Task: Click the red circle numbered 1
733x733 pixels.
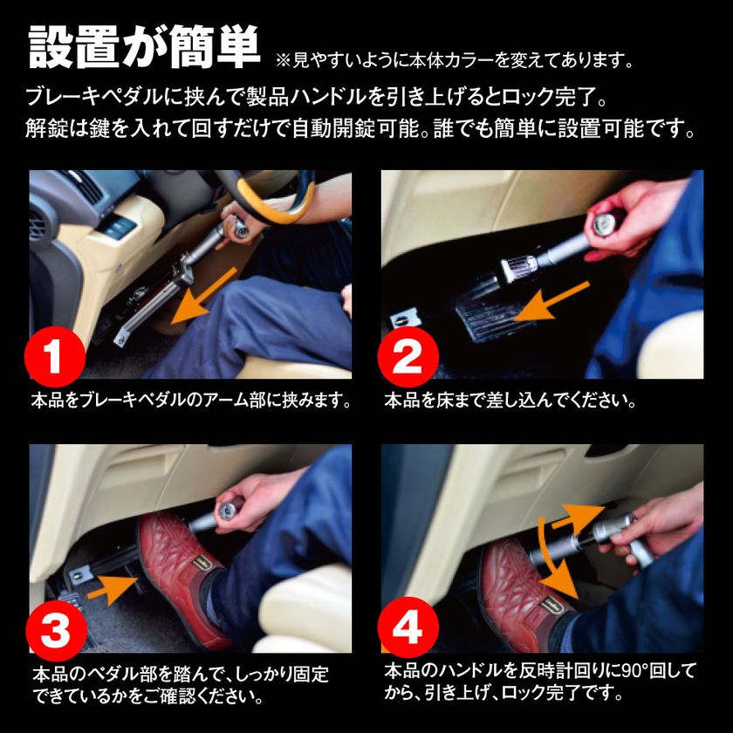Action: pyautogui.click(x=55, y=355)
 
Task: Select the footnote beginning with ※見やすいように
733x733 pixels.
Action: pyautogui.click(x=454, y=62)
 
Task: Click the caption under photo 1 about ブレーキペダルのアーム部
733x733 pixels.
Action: pyautogui.click(x=191, y=402)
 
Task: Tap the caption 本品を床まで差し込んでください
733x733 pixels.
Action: pyautogui.click(x=510, y=402)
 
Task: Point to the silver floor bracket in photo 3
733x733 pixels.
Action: pyautogui.click(x=83, y=575)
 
